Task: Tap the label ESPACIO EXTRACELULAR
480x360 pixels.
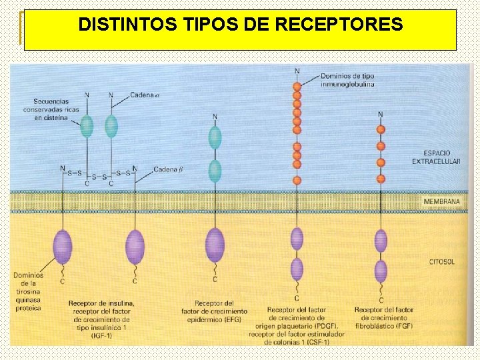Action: pyautogui.click(x=436, y=157)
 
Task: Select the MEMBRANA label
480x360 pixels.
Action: pyautogui.click(x=442, y=201)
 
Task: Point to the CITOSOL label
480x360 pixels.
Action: pyautogui.click(x=441, y=262)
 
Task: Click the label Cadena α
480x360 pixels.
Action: pyautogui.click(x=145, y=95)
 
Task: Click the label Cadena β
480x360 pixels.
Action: pyautogui.click(x=168, y=169)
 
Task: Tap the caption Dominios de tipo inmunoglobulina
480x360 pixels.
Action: pyautogui.click(x=347, y=80)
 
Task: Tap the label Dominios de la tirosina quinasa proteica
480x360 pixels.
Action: pyautogui.click(x=28, y=291)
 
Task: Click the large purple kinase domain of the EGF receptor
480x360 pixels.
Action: pyautogui.click(x=215, y=245)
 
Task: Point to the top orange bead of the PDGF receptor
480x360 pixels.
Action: pyautogui.click(x=297, y=85)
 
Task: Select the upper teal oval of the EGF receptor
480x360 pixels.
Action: pyautogui.click(x=215, y=138)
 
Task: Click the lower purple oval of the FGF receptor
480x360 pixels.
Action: pyautogui.click(x=381, y=271)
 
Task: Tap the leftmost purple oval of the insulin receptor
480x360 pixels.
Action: pyautogui.click(x=63, y=246)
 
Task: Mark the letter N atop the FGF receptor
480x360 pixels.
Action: pyautogui.click(x=380, y=114)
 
